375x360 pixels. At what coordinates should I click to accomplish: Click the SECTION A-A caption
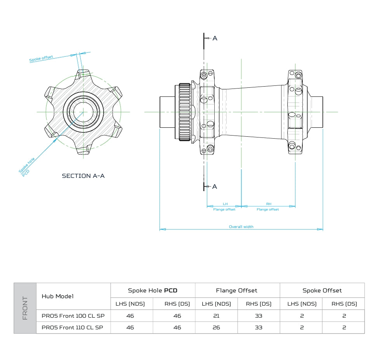point(83,176)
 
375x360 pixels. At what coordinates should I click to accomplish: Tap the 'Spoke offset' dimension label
point(41,58)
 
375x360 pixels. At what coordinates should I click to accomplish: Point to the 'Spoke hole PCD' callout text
point(26,167)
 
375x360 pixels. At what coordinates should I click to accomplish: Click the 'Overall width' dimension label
point(241,226)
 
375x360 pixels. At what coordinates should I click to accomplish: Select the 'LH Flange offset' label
point(224,207)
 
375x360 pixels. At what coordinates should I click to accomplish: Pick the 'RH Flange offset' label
point(268,207)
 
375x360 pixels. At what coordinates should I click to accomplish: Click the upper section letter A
point(215,38)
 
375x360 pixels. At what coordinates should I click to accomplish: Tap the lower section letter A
point(215,186)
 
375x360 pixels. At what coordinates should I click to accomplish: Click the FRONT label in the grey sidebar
point(25,308)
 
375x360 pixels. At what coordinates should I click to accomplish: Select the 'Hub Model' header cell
point(57,296)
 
